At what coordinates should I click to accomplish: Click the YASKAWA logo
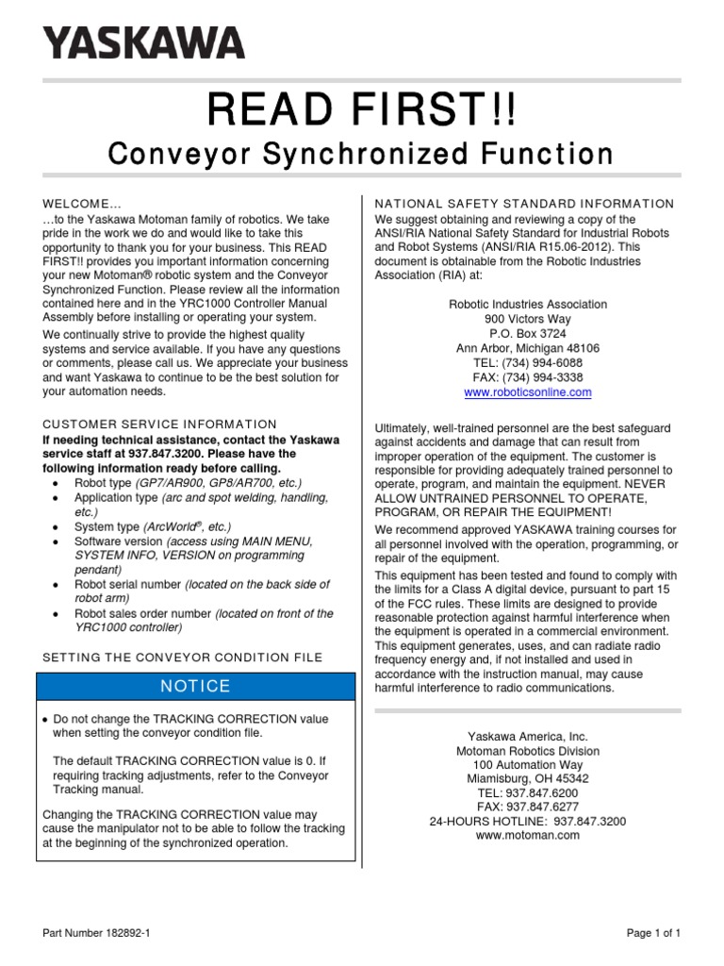[x=143, y=42]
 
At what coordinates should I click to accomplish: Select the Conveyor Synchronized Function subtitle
[x=362, y=154]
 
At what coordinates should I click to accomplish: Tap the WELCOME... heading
[x=82, y=204]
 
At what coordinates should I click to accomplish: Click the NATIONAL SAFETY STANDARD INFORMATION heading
[x=525, y=204]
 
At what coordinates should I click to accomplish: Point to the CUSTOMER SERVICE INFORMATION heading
[x=160, y=425]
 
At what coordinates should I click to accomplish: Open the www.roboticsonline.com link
[x=527, y=391]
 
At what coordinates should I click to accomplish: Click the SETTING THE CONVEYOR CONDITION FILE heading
[x=183, y=657]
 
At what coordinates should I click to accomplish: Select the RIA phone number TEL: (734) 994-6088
[x=527, y=362]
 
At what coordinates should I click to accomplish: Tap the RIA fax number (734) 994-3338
[x=527, y=376]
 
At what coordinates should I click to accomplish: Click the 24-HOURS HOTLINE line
[x=527, y=821]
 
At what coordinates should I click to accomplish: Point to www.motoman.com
[x=527, y=835]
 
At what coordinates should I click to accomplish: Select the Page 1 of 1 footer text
[x=653, y=933]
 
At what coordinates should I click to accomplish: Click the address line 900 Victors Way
[x=527, y=319]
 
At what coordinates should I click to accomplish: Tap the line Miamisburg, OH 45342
[x=527, y=778]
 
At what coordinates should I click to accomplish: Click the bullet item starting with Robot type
[x=189, y=483]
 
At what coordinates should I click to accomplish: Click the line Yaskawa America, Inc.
[x=527, y=736]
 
